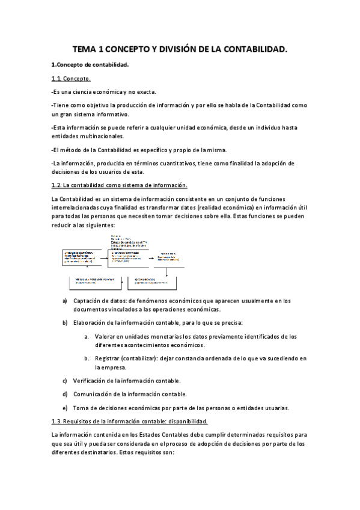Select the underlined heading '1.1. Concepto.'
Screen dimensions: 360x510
71,79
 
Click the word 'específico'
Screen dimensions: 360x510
162,149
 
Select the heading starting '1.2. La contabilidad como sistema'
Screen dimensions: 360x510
120,185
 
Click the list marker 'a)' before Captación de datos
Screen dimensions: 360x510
66,301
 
